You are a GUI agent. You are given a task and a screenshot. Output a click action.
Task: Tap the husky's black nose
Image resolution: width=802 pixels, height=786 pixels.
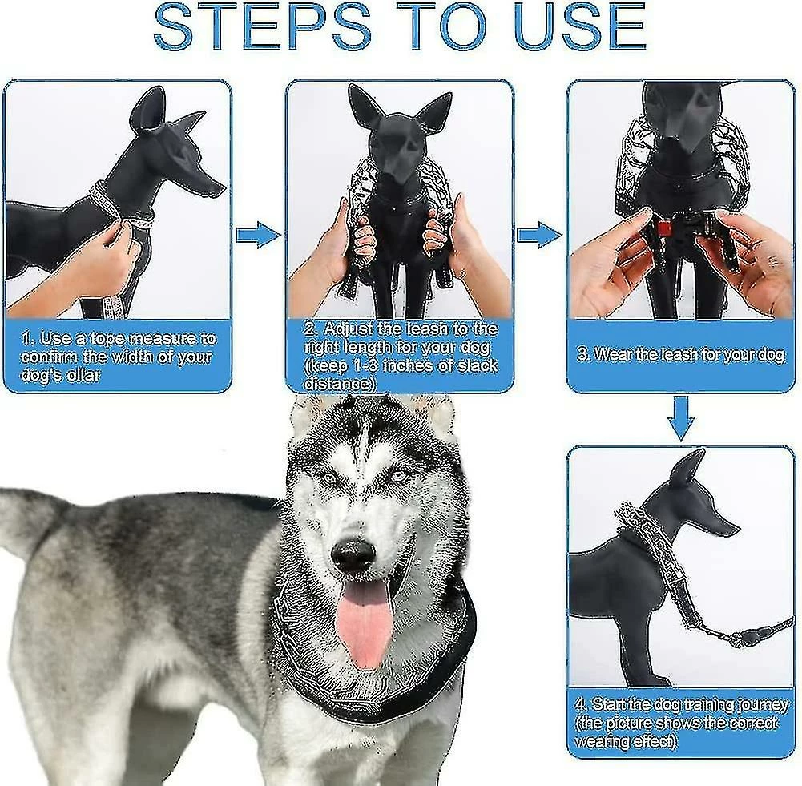[x=353, y=554]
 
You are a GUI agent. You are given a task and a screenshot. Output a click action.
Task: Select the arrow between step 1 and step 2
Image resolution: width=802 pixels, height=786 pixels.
[x=258, y=235]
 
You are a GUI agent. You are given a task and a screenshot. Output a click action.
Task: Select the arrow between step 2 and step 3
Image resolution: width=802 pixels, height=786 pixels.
[x=539, y=235]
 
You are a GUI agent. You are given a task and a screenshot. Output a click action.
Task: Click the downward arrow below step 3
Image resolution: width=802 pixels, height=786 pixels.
[x=681, y=417]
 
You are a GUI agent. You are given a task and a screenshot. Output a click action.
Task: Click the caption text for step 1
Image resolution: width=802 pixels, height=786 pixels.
[x=118, y=356]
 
